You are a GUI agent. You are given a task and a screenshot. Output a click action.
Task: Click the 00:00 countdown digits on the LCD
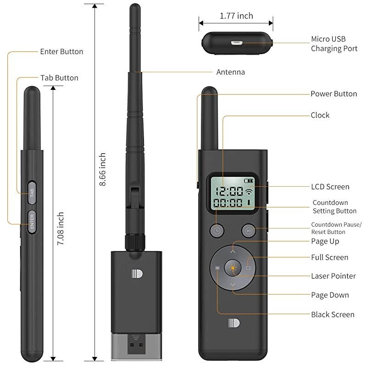click(x=229, y=203)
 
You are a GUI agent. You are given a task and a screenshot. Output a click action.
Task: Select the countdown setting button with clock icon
click(x=217, y=231)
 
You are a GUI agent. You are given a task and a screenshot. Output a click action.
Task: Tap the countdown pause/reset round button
click(x=248, y=231)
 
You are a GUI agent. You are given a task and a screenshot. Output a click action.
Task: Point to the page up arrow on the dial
click(x=233, y=251)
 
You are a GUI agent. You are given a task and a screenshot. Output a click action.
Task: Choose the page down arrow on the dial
click(x=233, y=285)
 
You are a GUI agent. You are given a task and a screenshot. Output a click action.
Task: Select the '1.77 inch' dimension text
click(x=236, y=16)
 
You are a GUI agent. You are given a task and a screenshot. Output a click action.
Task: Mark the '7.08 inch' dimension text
click(x=60, y=228)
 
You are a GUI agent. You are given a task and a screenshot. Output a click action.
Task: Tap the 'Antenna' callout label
click(x=230, y=72)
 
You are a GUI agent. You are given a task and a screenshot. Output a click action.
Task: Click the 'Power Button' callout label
click(x=334, y=94)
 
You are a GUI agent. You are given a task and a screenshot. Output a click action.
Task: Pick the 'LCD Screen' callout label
click(x=330, y=187)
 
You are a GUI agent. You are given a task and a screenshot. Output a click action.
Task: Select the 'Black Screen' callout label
click(x=333, y=315)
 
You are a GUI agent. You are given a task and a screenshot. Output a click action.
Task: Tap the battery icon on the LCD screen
click(x=248, y=180)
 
